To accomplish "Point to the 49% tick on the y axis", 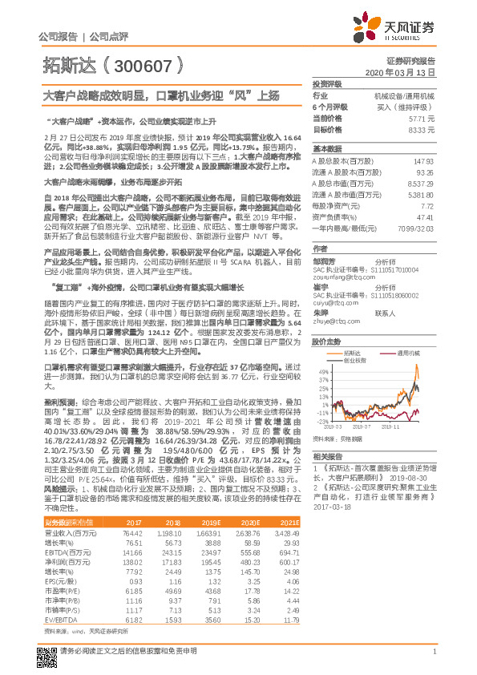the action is [x=322, y=350].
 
